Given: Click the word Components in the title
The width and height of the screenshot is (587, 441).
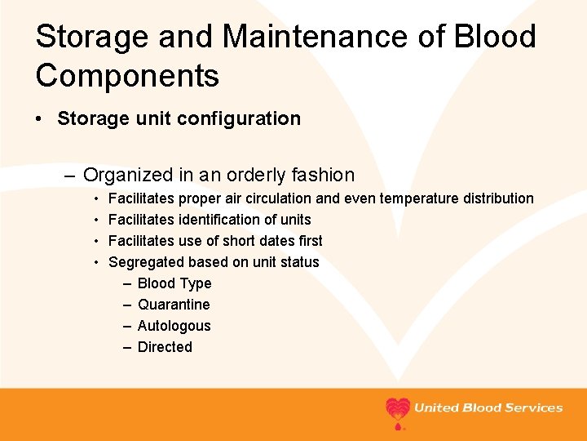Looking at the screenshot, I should (127, 76).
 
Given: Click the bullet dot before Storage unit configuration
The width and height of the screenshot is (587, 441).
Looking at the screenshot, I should (40, 119).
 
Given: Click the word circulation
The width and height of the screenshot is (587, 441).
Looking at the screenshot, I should (273, 198).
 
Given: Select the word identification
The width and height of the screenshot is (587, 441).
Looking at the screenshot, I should (218, 220).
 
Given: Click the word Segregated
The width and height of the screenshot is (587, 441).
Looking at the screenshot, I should (146, 262).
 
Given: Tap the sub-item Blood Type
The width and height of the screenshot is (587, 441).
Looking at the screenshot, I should (174, 283).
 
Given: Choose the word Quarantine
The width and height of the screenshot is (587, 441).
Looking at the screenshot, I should (174, 305).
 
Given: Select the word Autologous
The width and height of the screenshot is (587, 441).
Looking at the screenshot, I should (174, 326).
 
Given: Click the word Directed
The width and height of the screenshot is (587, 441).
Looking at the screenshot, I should (165, 347).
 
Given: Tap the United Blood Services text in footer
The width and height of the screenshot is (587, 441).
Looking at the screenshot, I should (488, 408).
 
